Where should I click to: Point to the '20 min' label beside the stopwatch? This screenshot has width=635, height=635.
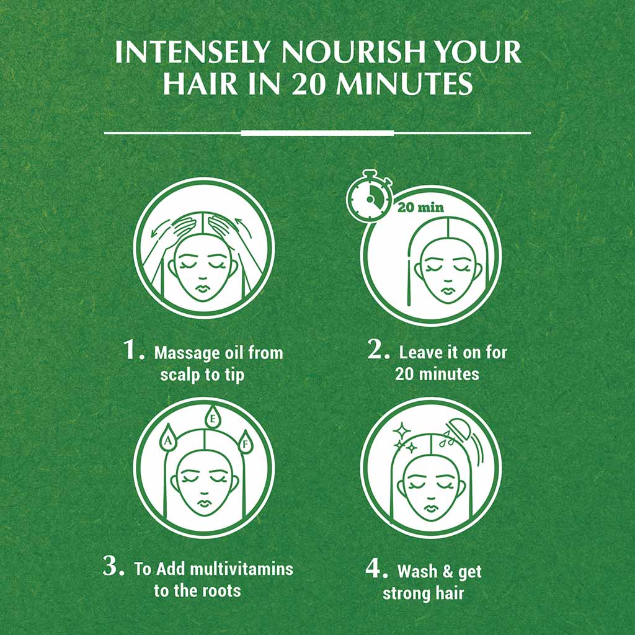[420, 207]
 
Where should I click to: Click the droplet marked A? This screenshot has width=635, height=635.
[168, 438]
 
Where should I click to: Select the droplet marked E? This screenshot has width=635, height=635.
[213, 417]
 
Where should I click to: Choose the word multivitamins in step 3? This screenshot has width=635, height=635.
[241, 569]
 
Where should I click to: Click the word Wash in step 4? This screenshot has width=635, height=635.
[417, 571]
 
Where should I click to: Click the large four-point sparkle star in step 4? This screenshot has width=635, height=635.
[402, 430]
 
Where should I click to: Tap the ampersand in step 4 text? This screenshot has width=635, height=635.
[448, 571]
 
